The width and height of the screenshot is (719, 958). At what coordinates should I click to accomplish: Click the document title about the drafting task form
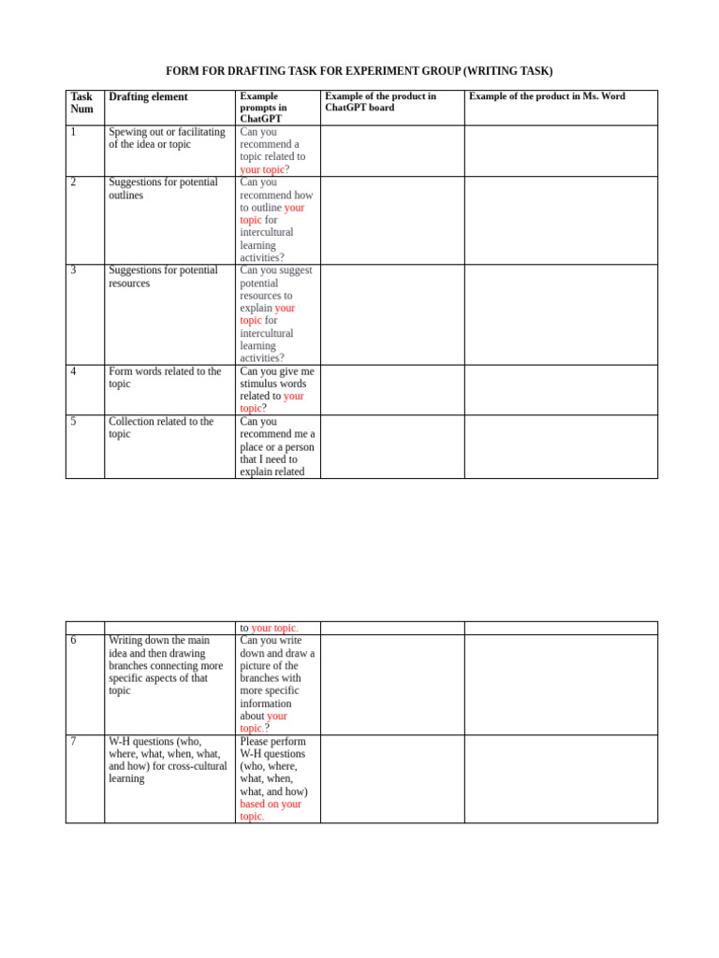[359, 71]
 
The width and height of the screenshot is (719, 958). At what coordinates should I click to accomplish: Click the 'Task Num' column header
[81, 103]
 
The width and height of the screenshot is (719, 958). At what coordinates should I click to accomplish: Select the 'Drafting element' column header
[148, 97]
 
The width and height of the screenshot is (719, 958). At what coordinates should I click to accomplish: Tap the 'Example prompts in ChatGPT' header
[263, 108]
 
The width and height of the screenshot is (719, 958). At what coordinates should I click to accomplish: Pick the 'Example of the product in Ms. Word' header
[547, 96]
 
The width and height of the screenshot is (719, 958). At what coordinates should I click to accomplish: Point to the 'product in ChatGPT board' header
[380, 102]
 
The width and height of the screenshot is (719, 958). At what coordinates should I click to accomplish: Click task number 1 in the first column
[73, 132]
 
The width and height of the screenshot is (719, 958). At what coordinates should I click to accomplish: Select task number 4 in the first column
[73, 371]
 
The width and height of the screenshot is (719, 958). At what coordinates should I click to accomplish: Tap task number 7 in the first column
[73, 742]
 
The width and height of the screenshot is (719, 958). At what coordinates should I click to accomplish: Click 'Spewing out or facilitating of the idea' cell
[167, 138]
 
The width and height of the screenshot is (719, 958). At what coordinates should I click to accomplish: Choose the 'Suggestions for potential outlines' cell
[163, 189]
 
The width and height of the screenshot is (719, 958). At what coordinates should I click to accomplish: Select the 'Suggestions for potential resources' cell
[163, 277]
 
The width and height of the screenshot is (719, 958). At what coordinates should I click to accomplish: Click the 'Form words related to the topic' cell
[165, 378]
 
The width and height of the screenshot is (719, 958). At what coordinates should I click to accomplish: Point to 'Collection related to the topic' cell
[161, 428]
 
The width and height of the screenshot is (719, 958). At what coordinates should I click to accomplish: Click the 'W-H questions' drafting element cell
[167, 760]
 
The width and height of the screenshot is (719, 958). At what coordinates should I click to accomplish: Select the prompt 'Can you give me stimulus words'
[276, 384]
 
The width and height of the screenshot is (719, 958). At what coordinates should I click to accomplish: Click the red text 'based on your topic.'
[270, 810]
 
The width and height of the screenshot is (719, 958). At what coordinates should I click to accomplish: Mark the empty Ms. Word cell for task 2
[561, 220]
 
